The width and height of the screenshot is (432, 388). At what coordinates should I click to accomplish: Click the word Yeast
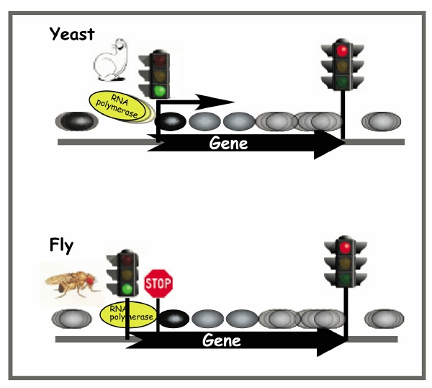point(71,33)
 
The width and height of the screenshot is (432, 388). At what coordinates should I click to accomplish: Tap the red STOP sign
point(158,283)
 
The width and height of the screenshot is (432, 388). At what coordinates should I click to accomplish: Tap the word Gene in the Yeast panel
point(228,143)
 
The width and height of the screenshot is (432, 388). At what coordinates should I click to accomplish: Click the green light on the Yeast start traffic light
point(160,91)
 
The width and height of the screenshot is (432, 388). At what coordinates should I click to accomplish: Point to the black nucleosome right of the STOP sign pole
point(173,317)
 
